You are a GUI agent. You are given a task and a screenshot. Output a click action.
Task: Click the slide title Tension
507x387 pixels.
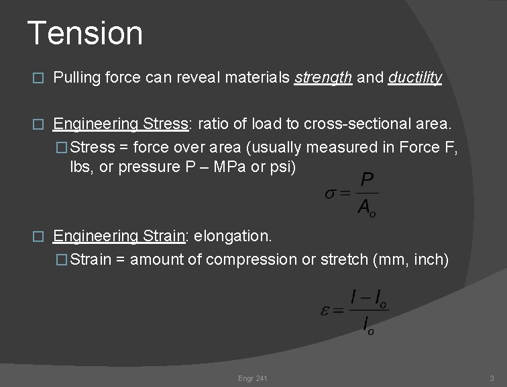84,34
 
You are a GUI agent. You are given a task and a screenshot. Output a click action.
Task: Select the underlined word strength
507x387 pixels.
323,79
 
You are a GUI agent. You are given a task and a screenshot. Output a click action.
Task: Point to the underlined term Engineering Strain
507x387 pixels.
119,236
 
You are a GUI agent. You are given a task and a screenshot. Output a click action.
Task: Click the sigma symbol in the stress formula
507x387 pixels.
331,195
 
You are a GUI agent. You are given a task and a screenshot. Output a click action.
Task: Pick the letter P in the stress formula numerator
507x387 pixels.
367,180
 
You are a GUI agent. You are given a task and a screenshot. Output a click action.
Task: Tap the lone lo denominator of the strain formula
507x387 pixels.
368,325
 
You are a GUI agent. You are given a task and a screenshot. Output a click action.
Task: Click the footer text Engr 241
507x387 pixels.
253,379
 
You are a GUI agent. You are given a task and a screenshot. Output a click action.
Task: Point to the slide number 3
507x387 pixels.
492,379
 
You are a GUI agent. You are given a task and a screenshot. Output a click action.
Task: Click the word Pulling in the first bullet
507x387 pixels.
76,79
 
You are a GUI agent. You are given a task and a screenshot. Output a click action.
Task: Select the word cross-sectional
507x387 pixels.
355,124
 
